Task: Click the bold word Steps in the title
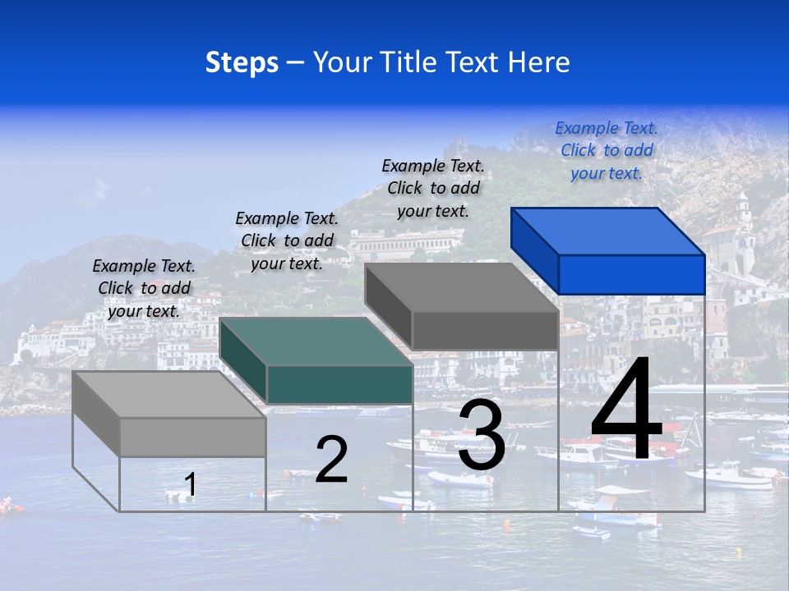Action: click(x=242, y=62)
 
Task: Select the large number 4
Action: click(x=626, y=410)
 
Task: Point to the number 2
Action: click(x=331, y=460)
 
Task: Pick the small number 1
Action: click(x=191, y=485)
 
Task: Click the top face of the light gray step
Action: click(x=168, y=395)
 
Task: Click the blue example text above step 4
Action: click(x=607, y=150)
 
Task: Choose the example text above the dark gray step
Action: click(x=433, y=188)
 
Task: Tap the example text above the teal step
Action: click(x=287, y=241)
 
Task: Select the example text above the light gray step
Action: click(x=144, y=288)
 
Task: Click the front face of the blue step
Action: click(x=631, y=274)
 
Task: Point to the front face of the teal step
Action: click(x=339, y=384)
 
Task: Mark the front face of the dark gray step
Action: click(x=485, y=330)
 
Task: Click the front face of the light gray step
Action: click(x=192, y=438)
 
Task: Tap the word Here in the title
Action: click(x=539, y=62)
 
